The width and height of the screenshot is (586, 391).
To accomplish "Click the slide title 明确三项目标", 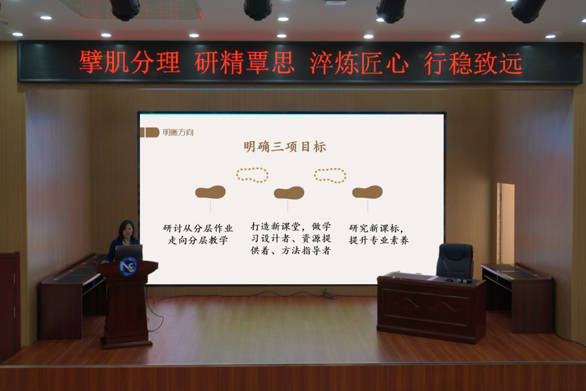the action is pyautogui.click(x=285, y=146).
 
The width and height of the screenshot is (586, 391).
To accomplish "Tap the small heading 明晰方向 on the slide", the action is pyautogui.click(x=178, y=132).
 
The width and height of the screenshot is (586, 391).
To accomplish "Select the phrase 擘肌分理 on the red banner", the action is pyautogui.click(x=130, y=62).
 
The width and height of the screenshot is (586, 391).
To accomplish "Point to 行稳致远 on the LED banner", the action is pyautogui.click(x=473, y=63).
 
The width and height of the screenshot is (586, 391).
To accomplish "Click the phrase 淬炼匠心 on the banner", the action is pyautogui.click(x=359, y=63).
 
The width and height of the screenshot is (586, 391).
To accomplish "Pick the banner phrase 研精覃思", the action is pyautogui.click(x=244, y=62).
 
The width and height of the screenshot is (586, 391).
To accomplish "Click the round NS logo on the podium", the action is pyautogui.click(x=128, y=267).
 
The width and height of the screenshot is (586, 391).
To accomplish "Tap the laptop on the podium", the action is pyautogui.click(x=128, y=252).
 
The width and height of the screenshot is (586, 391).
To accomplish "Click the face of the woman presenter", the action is pyautogui.click(x=127, y=231).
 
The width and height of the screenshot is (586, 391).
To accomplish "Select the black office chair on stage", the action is pyautogui.click(x=455, y=261).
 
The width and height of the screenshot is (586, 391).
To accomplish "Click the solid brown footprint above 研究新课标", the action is pyautogui.click(x=367, y=192).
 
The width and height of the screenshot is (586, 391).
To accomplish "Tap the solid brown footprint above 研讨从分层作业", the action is pyautogui.click(x=210, y=192).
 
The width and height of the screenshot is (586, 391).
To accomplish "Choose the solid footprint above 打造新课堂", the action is pyautogui.click(x=289, y=193).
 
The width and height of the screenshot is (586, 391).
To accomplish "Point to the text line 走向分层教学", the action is pyautogui.click(x=198, y=240).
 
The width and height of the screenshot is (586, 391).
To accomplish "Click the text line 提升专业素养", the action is pyautogui.click(x=378, y=240).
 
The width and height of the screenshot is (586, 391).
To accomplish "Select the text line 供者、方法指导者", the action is pyautogui.click(x=290, y=250).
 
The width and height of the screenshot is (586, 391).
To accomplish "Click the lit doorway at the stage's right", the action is pyautogui.click(x=506, y=224).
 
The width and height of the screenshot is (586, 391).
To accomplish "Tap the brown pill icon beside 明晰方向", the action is pyautogui.click(x=150, y=132).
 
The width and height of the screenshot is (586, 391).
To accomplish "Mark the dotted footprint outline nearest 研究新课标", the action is pyautogui.click(x=330, y=175).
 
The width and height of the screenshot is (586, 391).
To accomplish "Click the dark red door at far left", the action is pyautogui.click(x=9, y=306).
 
